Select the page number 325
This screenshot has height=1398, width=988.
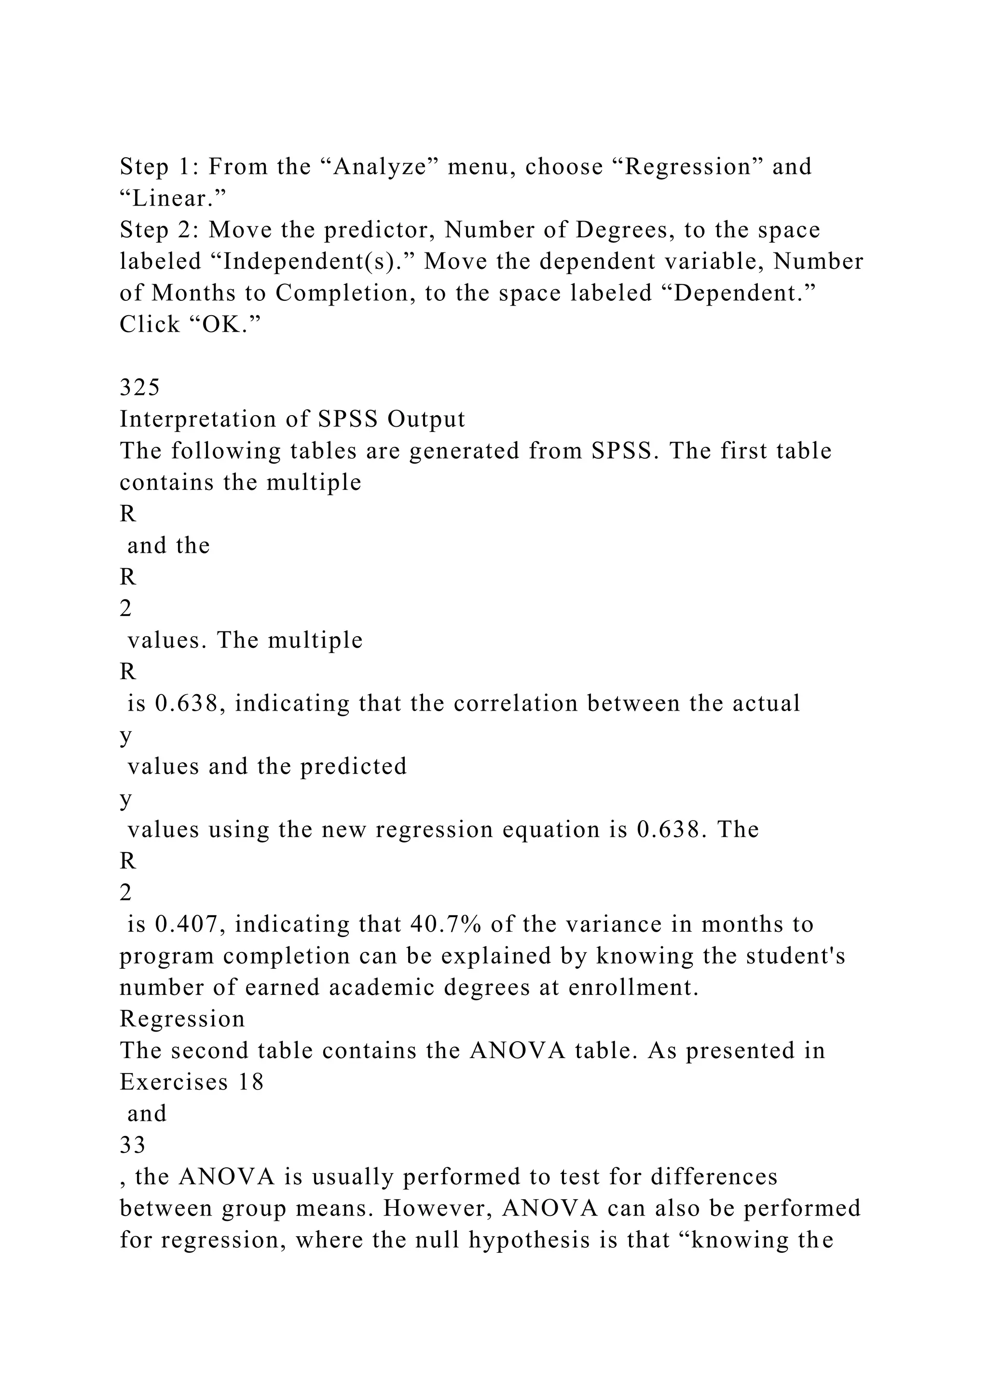[139, 387]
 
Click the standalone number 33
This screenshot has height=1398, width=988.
[133, 1146]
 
